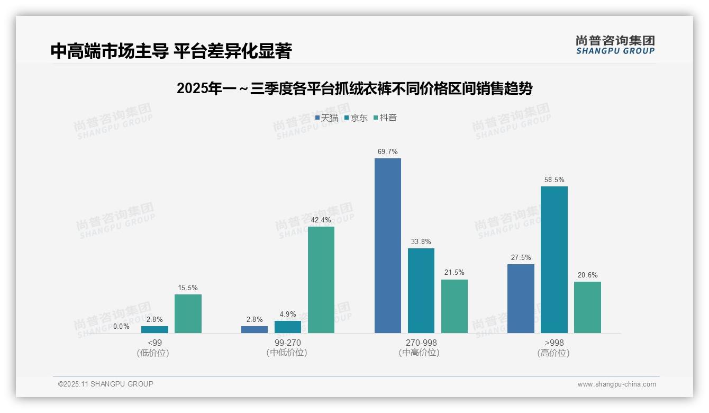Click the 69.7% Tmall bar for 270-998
point(387,246)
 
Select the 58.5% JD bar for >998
point(554,259)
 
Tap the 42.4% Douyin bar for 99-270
point(321,280)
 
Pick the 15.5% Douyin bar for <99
point(188,313)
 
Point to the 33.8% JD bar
point(421,291)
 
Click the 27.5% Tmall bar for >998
point(521,299)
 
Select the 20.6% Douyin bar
point(587,307)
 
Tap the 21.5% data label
point(454,273)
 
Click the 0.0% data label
point(121,327)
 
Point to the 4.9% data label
point(287,314)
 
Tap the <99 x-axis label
point(154,343)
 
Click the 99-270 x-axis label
point(287,343)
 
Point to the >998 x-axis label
point(553,343)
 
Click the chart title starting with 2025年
point(354,88)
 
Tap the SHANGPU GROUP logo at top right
point(615,44)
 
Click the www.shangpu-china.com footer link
point(616,384)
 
